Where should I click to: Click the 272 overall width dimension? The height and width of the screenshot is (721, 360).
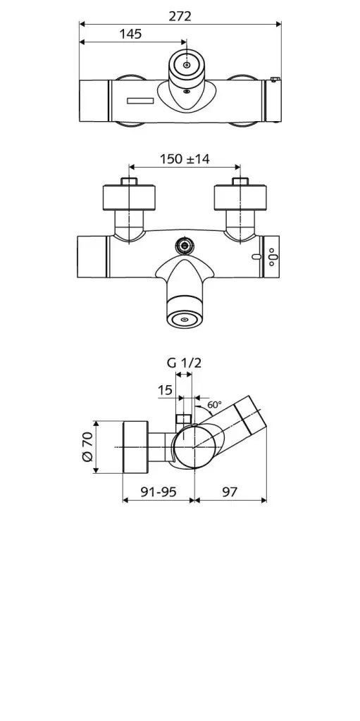point(180,15)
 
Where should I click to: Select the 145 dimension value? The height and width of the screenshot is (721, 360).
point(130,34)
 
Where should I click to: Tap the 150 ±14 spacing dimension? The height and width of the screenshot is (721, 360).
point(185,159)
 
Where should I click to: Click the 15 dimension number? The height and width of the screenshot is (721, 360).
point(165,390)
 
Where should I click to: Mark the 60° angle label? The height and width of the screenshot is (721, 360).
point(214,405)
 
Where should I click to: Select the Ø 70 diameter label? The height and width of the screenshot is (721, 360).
point(87,447)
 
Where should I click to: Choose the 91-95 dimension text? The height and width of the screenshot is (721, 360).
point(158,492)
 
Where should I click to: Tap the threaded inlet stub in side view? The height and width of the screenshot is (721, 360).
point(184,421)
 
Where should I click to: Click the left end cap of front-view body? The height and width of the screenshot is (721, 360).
point(92,257)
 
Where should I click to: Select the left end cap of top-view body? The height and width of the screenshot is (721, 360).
point(93,101)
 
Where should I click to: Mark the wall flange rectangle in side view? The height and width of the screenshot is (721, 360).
point(135,448)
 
